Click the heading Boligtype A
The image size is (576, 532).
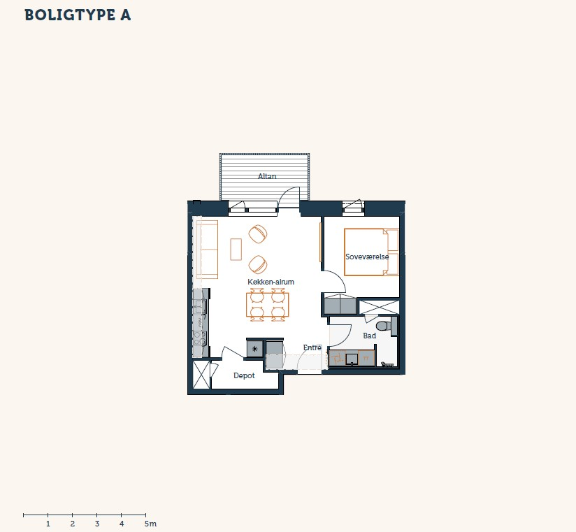78,15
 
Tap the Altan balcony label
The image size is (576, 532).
267,176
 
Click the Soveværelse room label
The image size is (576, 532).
367,257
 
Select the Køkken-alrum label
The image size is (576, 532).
271,282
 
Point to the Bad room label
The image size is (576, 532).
369,336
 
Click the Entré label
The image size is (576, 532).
312,347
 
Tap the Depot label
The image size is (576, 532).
244,375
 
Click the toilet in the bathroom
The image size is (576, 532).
384,326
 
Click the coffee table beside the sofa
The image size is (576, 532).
236,250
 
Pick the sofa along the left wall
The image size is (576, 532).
207,250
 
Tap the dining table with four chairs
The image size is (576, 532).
268,305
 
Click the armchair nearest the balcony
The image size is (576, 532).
258,234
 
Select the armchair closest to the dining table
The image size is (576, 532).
258,264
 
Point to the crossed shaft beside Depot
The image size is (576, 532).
201,375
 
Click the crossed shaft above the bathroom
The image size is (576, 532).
379,307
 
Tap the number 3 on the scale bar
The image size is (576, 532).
97,524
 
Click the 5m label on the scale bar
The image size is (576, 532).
150,524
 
